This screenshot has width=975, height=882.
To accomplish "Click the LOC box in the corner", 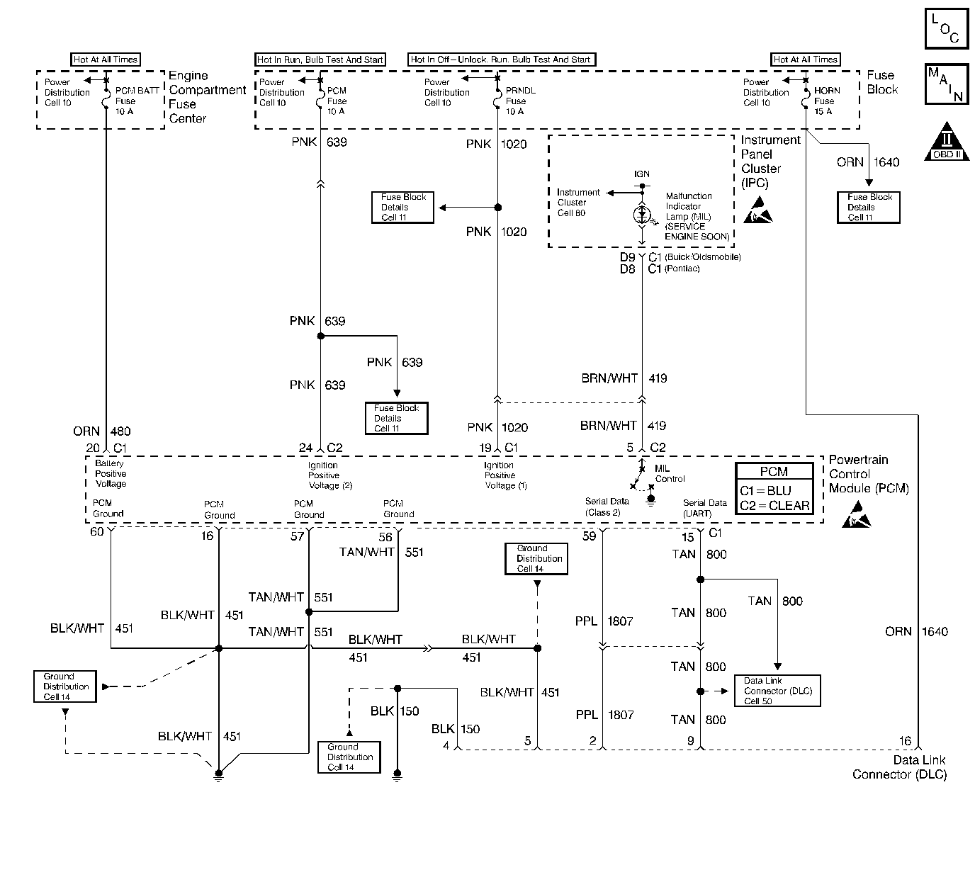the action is click(x=947, y=28).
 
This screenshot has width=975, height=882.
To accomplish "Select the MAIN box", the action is click(x=947, y=84).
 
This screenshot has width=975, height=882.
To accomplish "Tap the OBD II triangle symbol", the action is click(x=947, y=142).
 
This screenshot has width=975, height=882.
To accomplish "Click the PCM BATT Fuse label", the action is click(x=137, y=101).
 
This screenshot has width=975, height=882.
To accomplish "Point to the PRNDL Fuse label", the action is click(x=520, y=101).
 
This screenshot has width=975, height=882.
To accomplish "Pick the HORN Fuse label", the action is click(x=827, y=101).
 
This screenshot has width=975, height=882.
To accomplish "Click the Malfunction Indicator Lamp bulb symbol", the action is click(x=642, y=215).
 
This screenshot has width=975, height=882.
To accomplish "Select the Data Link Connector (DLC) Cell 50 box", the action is click(x=777, y=691).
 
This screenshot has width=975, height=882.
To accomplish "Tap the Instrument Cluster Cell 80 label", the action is click(x=578, y=203).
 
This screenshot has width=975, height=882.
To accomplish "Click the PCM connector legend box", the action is click(x=774, y=488).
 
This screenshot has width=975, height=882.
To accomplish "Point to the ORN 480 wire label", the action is click(x=101, y=431).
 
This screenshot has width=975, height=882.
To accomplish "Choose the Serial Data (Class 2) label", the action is click(x=607, y=507).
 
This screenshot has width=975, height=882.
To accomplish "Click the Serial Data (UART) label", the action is click(x=704, y=509).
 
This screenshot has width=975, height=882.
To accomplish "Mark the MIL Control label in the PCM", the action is click(x=670, y=473).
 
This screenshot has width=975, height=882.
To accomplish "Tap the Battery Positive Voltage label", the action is click(x=111, y=473).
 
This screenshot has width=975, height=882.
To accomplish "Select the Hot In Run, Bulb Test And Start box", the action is click(x=320, y=60).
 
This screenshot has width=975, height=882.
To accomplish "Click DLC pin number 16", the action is click(x=905, y=741).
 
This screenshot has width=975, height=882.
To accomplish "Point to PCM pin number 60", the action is click(x=97, y=531).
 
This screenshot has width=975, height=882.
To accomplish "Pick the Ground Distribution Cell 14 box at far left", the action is click(x=65, y=686).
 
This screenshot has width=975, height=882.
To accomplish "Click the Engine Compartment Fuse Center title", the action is click(x=207, y=97).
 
